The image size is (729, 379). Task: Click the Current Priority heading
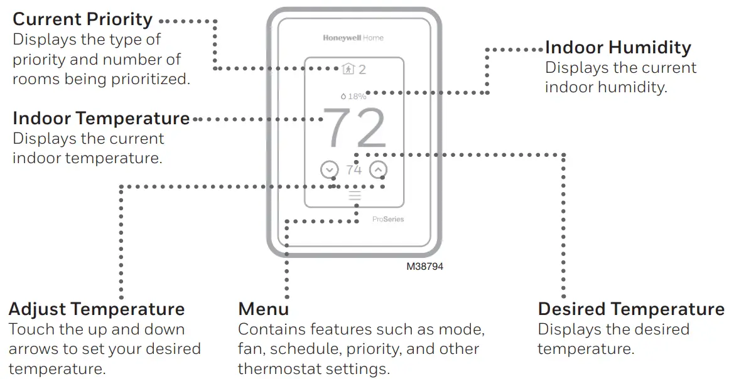(x=82, y=19)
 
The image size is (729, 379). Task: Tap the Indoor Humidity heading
(x=618, y=48)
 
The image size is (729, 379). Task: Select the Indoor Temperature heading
(x=100, y=119)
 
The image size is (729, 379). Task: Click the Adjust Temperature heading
(x=97, y=309)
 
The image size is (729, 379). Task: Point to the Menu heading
(x=263, y=309)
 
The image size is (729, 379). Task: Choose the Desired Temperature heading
(x=631, y=309)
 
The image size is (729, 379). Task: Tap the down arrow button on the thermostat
(x=329, y=169)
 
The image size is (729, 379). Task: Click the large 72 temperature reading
(x=355, y=129)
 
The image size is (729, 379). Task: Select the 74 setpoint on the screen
(x=354, y=170)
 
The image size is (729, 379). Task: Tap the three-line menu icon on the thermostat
(x=355, y=196)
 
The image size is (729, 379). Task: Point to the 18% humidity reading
(x=354, y=97)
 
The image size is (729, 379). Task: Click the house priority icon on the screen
(x=348, y=69)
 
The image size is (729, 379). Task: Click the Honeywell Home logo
(x=353, y=38)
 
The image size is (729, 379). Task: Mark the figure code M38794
(x=424, y=267)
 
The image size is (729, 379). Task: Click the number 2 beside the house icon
(x=362, y=69)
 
